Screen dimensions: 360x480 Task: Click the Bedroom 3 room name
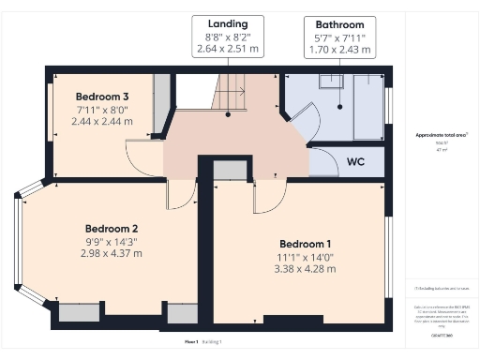point(101,97)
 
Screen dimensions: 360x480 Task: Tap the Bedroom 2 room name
point(112,229)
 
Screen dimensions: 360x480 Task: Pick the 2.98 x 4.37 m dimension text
point(112,254)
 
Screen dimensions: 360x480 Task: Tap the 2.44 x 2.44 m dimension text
point(102,122)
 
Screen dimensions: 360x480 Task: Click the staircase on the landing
point(231,94)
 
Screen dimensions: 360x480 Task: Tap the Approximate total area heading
point(442,135)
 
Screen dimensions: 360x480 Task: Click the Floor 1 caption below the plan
point(190,343)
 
